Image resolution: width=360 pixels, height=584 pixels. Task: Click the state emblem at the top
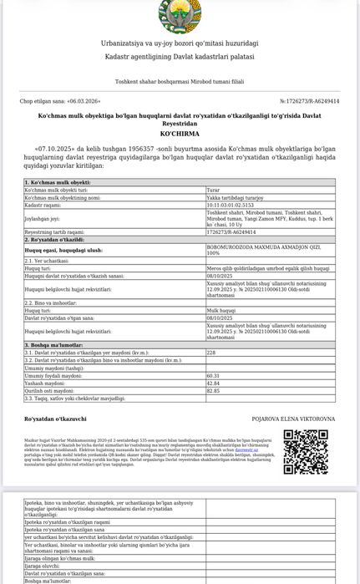point(180,13)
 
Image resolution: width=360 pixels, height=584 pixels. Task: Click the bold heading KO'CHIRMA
point(180,133)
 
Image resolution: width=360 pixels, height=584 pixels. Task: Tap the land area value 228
point(211,353)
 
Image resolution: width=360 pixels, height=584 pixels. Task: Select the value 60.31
point(213,376)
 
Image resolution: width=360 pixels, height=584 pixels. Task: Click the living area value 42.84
point(213,383)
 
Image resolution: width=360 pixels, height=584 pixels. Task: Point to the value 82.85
point(213,389)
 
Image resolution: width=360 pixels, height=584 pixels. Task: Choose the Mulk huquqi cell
point(223,311)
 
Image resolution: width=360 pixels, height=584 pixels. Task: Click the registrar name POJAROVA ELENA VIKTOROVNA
point(292,419)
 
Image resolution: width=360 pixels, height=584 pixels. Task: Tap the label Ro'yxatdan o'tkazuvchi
point(55,418)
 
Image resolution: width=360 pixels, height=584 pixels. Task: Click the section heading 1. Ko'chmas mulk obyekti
point(58,181)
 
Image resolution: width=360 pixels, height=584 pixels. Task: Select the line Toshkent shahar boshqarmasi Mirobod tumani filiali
point(180,82)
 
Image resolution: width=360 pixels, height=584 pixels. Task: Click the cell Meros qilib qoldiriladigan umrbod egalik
point(267,269)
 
